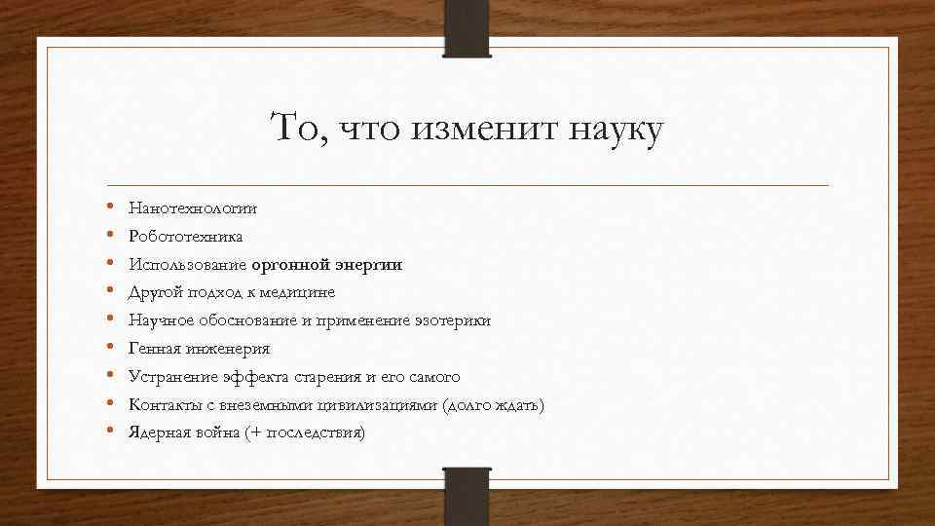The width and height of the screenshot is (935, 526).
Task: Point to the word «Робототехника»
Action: click(x=186, y=236)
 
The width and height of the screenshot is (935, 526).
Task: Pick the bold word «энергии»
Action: click(x=370, y=264)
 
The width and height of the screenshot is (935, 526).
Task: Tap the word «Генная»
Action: click(x=155, y=348)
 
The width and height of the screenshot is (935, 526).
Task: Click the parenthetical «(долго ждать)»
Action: click(x=493, y=404)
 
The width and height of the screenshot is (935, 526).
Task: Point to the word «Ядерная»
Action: click(x=160, y=432)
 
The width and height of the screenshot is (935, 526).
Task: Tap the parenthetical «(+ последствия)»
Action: click(x=308, y=432)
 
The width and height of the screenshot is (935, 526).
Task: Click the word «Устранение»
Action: click(x=170, y=376)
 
